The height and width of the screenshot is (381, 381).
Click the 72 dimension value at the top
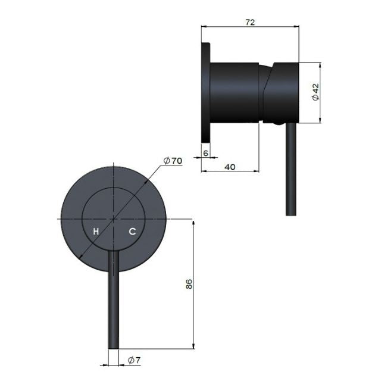(x=250, y=22)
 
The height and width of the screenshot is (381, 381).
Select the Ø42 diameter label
(x=316, y=92)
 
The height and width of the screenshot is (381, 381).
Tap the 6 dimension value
(x=206, y=153)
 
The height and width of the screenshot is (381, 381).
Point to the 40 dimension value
(x=230, y=167)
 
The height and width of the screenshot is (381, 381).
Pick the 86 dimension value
(x=189, y=285)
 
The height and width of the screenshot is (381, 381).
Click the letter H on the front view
(x=95, y=231)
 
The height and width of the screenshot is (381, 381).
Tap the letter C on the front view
(x=132, y=231)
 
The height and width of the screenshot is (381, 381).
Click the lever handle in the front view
(x=113, y=298)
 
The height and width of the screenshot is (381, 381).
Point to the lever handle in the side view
(x=291, y=173)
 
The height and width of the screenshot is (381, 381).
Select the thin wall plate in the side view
(x=207, y=92)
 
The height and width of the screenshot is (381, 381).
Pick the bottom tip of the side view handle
(x=291, y=215)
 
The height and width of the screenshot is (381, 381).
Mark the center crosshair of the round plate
(x=113, y=218)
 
